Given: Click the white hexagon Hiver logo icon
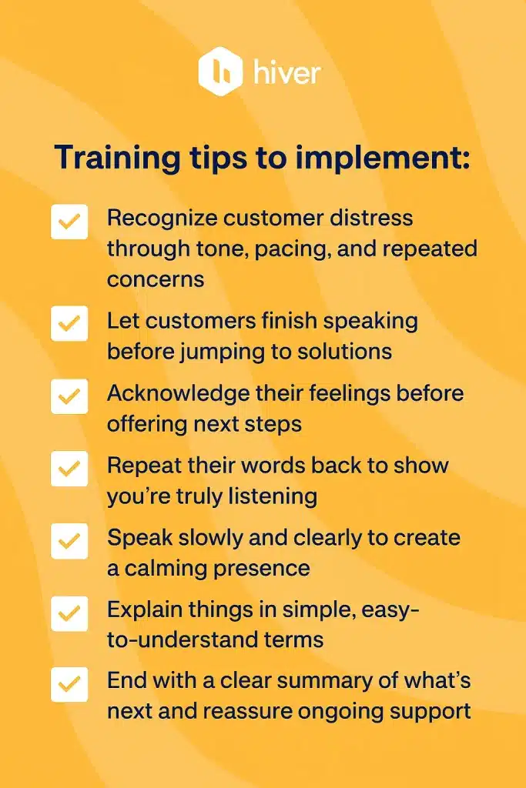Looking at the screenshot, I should pos(221,72).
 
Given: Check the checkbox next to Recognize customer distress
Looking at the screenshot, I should pos(69,222).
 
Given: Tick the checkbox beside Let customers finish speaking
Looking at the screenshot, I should pos(69,322).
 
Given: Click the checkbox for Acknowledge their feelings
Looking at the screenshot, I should pos(69,396).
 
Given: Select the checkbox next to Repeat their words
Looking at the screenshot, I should pos(69,468).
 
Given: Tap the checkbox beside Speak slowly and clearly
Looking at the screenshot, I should pos(69,540).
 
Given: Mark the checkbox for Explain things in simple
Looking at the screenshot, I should pos(69,613).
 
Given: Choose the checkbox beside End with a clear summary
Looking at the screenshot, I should pos(69,684).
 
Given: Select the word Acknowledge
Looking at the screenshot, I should pos(176,392).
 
